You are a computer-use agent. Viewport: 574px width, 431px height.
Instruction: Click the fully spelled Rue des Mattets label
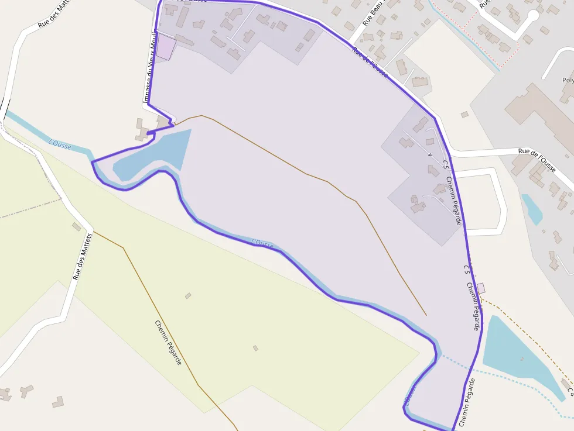83,256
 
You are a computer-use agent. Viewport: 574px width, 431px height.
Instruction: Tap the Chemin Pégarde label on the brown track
168,342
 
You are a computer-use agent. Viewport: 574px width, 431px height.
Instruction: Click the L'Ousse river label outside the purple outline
60,144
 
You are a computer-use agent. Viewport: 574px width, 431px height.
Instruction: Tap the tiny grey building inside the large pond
521,358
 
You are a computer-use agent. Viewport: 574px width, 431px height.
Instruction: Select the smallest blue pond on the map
532,209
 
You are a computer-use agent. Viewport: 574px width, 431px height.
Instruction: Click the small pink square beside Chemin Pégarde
481,288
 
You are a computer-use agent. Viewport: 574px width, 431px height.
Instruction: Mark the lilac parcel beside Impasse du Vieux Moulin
165,47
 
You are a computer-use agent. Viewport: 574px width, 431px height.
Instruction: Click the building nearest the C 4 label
565,382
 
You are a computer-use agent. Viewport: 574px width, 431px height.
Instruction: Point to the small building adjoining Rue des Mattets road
77,226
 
